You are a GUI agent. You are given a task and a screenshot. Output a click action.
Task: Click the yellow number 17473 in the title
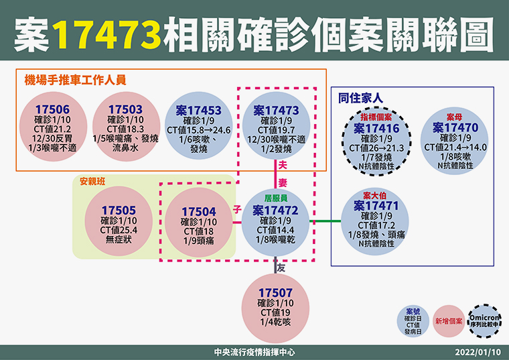[106, 34]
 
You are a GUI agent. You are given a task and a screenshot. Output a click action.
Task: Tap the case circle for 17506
[53, 127]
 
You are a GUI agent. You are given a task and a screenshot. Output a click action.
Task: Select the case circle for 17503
[126, 127]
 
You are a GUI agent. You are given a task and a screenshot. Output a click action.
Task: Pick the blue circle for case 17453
[199, 127]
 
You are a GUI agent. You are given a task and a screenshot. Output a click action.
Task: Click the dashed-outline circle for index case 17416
[376, 141]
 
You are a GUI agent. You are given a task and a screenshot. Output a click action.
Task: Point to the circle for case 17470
[455, 141]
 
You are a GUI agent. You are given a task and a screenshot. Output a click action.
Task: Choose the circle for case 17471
[375, 221]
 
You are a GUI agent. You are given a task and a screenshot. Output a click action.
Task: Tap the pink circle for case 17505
[119, 221]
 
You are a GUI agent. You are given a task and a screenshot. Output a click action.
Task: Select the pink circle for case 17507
[276, 308]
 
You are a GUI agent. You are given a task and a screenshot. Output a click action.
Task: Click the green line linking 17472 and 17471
[325, 221]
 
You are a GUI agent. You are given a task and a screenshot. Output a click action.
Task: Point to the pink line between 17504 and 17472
[237, 223]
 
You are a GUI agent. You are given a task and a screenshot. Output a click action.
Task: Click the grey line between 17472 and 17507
[276, 265]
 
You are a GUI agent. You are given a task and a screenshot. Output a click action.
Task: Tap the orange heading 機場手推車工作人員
[75, 80]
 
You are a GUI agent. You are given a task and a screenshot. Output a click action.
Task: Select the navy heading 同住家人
[360, 98]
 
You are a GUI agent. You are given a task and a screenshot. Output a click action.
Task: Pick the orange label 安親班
[92, 181]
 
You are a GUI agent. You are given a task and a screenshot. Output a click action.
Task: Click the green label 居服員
[276, 198]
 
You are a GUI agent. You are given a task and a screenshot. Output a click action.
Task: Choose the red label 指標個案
[376, 117]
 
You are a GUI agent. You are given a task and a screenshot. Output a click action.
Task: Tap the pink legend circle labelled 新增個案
[449, 321]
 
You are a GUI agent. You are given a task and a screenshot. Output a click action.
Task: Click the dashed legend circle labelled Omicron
[484, 320]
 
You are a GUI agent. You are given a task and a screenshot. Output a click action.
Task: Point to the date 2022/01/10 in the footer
[478, 352]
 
